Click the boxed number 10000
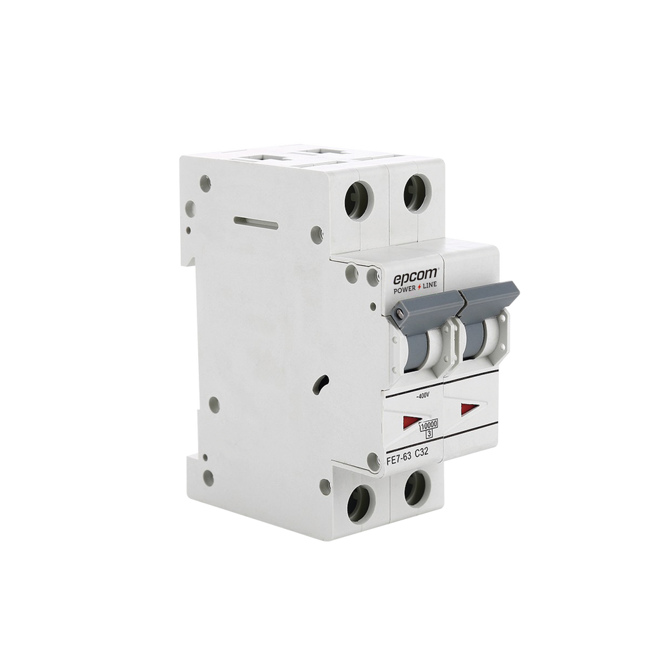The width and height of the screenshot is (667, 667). click(x=428, y=425)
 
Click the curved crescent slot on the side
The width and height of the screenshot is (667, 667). click(x=321, y=385)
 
